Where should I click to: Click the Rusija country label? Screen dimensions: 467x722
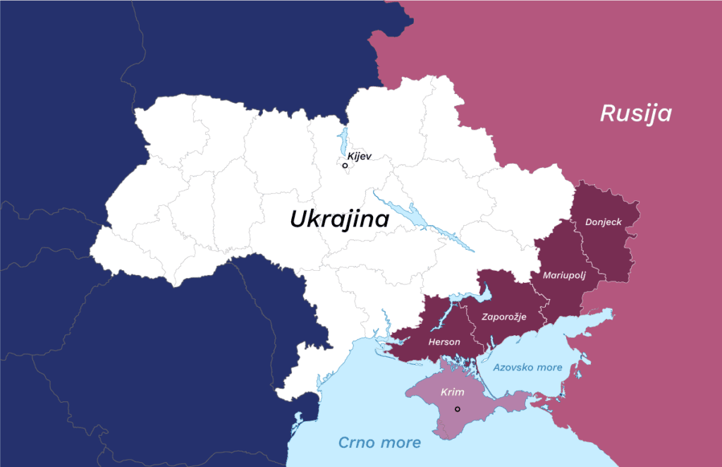[x=635, y=114]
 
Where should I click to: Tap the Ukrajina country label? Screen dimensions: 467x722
[x=339, y=219]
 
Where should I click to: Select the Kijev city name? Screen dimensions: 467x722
[x=359, y=156]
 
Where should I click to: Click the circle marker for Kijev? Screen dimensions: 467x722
[x=345, y=166]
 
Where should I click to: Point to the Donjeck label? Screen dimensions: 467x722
[x=604, y=222]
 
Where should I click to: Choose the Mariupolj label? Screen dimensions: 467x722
[x=564, y=274]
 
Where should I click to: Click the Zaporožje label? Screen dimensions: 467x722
[x=503, y=317]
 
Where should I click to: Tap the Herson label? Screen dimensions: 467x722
[x=444, y=342]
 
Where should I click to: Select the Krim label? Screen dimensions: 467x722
[x=452, y=392]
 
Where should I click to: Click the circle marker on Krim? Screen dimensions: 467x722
[x=458, y=409]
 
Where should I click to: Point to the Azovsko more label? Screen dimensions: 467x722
[x=527, y=368]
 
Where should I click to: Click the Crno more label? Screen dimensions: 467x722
[x=379, y=443]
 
